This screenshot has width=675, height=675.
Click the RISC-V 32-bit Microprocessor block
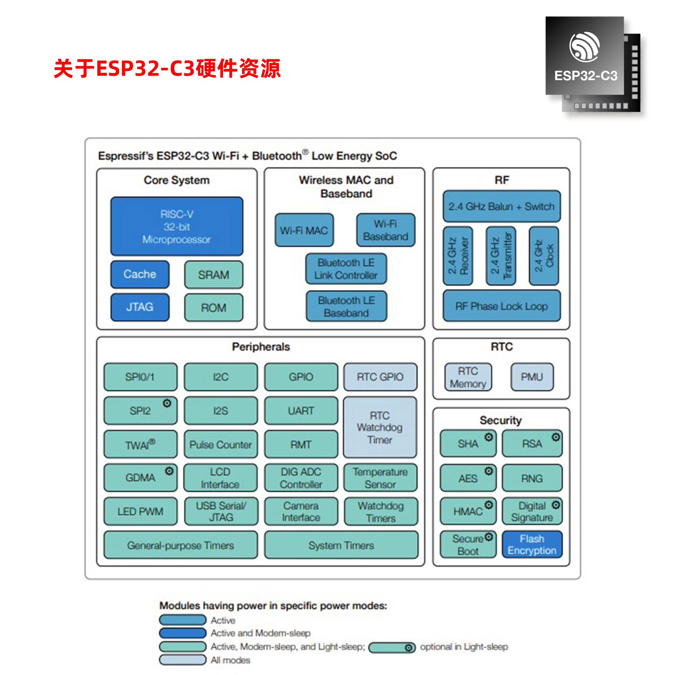(177, 227)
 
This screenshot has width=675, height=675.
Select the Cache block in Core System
(140, 274)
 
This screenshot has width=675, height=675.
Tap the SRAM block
(213, 275)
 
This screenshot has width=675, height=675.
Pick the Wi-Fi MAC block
(304, 230)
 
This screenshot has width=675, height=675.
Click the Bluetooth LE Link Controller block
(346, 269)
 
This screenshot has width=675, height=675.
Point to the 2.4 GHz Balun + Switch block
(501, 206)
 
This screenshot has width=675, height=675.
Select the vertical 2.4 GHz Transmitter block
(501, 256)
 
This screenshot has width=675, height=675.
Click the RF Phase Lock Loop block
(501, 306)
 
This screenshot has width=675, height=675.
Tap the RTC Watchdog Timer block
(380, 427)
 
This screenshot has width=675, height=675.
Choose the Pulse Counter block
(221, 444)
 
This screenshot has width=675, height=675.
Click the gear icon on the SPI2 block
(167, 403)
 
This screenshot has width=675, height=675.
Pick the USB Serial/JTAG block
(221, 512)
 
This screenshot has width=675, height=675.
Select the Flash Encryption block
(532, 544)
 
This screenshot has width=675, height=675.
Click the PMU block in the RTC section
(532, 376)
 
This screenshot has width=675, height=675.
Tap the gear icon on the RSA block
(556, 437)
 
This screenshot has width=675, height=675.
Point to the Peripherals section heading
(261, 347)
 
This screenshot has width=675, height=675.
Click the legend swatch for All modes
(183, 660)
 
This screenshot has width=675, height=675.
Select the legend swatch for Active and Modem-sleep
(183, 633)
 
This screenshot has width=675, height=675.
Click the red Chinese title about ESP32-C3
(167, 68)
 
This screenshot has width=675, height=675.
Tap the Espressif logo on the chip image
(585, 47)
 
